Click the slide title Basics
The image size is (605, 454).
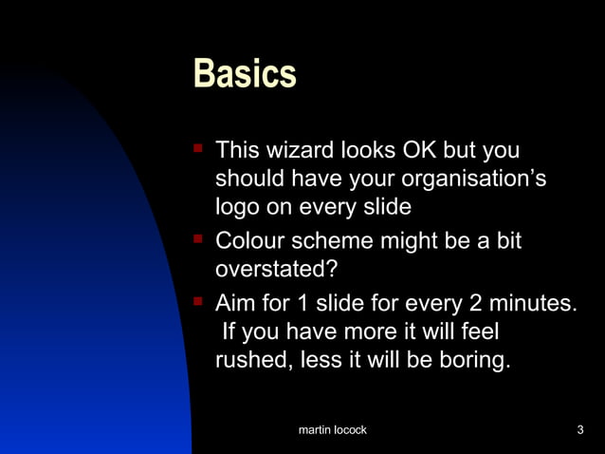point(245,74)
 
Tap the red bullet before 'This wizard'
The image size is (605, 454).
point(198,148)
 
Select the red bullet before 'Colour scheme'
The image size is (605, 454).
point(198,239)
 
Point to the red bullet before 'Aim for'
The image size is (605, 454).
point(198,301)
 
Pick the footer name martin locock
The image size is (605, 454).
point(332,431)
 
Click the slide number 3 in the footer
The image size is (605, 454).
point(579,431)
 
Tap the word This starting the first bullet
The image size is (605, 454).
point(238,151)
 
